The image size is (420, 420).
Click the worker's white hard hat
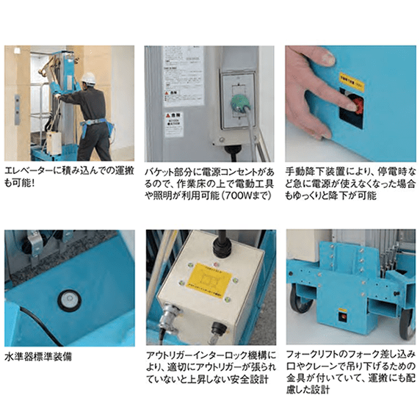point(88,78)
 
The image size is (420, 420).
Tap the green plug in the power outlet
point(239,101)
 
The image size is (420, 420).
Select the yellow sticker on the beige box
point(209,280)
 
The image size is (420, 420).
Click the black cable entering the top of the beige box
point(219,242)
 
